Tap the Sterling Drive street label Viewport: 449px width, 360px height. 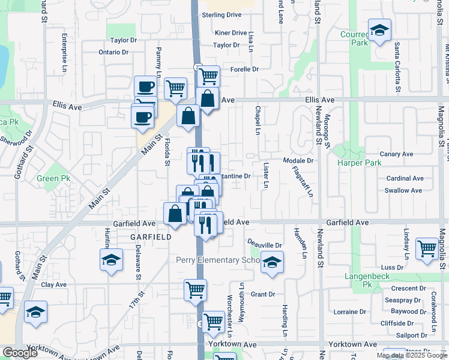click(x=221, y=15)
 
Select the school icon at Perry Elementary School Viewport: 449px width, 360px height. click(x=272, y=263)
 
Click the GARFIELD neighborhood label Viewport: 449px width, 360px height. click(x=151, y=237)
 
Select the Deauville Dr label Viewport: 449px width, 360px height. click(x=265, y=245)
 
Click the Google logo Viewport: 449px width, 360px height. click(x=20, y=353)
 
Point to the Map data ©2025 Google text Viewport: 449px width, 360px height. click(x=411, y=355)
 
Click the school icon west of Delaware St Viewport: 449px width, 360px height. click(x=111, y=260)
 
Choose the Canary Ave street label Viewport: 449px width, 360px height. click(x=397, y=154)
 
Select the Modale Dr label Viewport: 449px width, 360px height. click(x=298, y=161)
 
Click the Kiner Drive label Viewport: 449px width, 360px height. click(x=231, y=33)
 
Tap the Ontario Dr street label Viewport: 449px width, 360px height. click(x=114, y=52)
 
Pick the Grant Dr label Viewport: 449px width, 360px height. click(x=262, y=294)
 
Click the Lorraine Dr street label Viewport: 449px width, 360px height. click(x=349, y=312)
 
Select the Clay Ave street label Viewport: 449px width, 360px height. click(x=53, y=285)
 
